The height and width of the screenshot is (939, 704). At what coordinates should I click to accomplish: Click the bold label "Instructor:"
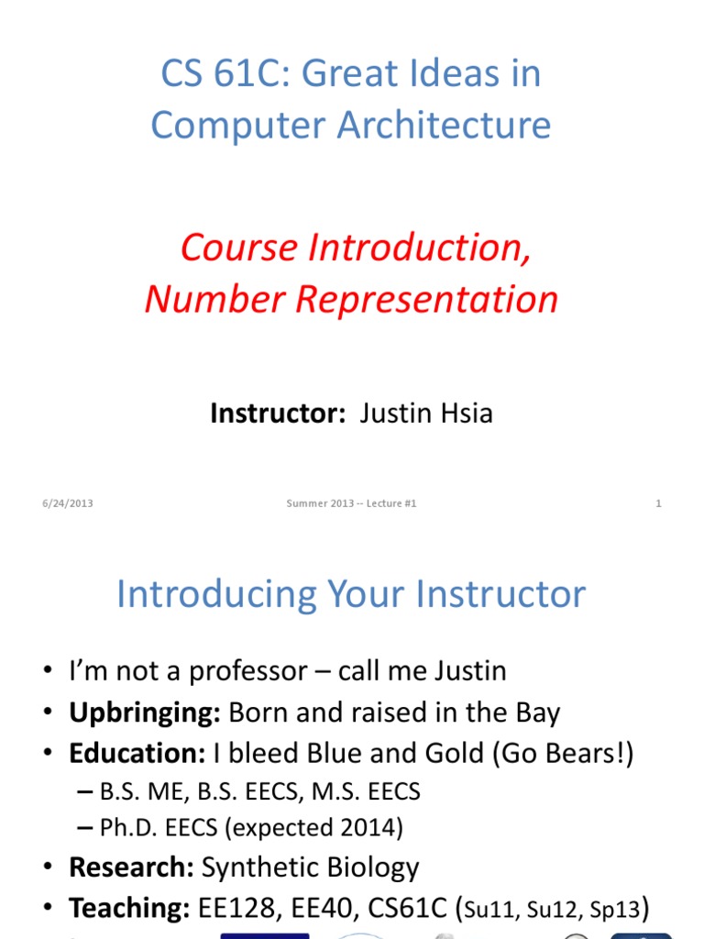point(277,414)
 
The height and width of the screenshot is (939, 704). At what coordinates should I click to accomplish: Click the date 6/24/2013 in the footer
point(68,503)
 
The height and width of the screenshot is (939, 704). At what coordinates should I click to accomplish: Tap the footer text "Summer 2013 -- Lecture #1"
point(351,503)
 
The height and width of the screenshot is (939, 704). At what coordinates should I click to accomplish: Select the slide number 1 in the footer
point(658,503)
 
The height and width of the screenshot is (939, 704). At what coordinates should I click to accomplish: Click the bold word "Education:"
point(137,754)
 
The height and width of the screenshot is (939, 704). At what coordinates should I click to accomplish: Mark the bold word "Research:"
point(131,867)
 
